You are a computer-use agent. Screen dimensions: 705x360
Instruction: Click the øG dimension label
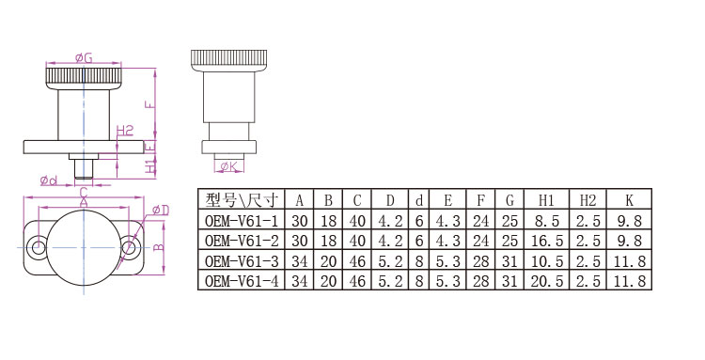84,58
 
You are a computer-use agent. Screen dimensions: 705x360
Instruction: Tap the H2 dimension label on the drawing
125,131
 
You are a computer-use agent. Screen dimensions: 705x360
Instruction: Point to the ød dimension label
49,180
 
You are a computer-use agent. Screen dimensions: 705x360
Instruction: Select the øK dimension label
228,167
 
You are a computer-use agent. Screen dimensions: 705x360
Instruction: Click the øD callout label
161,210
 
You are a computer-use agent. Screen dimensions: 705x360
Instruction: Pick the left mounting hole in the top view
38,247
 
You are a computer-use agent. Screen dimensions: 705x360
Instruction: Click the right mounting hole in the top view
130,247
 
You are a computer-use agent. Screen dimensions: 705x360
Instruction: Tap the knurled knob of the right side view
228,61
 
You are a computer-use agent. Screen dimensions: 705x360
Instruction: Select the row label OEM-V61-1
242,221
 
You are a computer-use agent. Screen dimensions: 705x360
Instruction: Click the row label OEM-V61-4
242,281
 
